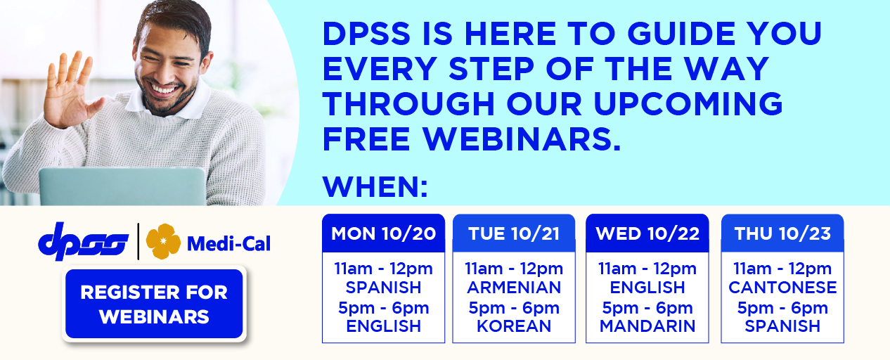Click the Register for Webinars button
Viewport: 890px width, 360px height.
pyautogui.click(x=154, y=304)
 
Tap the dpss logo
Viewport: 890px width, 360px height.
pyautogui.click(x=83, y=242)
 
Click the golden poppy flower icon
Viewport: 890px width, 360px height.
pyautogui.click(x=163, y=241)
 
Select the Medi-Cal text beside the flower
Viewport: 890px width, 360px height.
pyautogui.click(x=229, y=243)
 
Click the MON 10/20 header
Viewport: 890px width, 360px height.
pyautogui.click(x=383, y=233)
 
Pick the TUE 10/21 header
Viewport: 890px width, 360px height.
pyautogui.click(x=514, y=233)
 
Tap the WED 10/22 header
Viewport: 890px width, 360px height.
pyautogui.click(x=647, y=233)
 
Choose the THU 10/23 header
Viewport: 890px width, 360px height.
pyautogui.click(x=782, y=233)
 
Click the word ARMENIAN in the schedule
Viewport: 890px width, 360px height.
pyautogui.click(x=514, y=288)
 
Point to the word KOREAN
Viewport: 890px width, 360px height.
pyautogui.click(x=514, y=326)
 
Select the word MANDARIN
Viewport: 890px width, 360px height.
pyautogui.click(x=647, y=326)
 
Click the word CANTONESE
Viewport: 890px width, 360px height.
pyautogui.click(x=782, y=288)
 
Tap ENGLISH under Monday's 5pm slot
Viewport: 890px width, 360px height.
pyautogui.click(x=383, y=326)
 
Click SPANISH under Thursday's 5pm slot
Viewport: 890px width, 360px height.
pyautogui.click(x=782, y=326)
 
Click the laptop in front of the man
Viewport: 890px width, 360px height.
pyautogui.click(x=122, y=186)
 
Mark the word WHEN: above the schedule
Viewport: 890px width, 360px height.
pyautogui.click(x=375, y=186)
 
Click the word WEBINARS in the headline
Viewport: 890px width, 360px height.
pyautogui.click(x=522, y=139)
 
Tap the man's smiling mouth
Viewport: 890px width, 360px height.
pyautogui.click(x=165, y=89)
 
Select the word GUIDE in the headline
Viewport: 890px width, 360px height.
pyautogui.click(x=681, y=33)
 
